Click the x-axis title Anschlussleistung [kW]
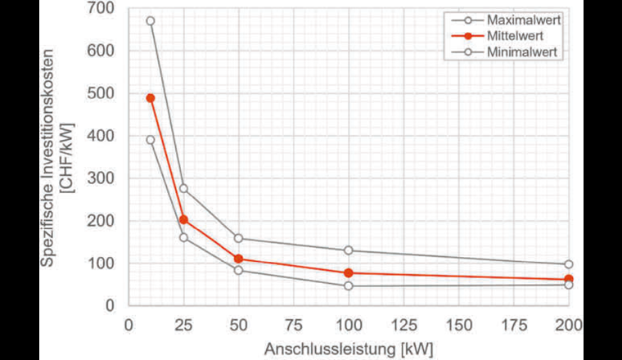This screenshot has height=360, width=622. [x=348, y=349]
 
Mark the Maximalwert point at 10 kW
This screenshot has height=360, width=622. [x=150, y=21]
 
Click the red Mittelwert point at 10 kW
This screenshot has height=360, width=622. [x=150, y=98]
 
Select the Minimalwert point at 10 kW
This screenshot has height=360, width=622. [x=150, y=140]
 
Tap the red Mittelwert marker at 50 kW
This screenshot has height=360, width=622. [x=238, y=259]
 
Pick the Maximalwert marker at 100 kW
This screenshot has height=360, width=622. [x=349, y=250]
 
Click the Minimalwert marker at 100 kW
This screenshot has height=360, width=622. [x=349, y=286]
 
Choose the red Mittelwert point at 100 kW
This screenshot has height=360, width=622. [x=349, y=273]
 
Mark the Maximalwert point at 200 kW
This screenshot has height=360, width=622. [x=569, y=264]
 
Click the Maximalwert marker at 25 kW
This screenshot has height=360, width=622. [x=183, y=188]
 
